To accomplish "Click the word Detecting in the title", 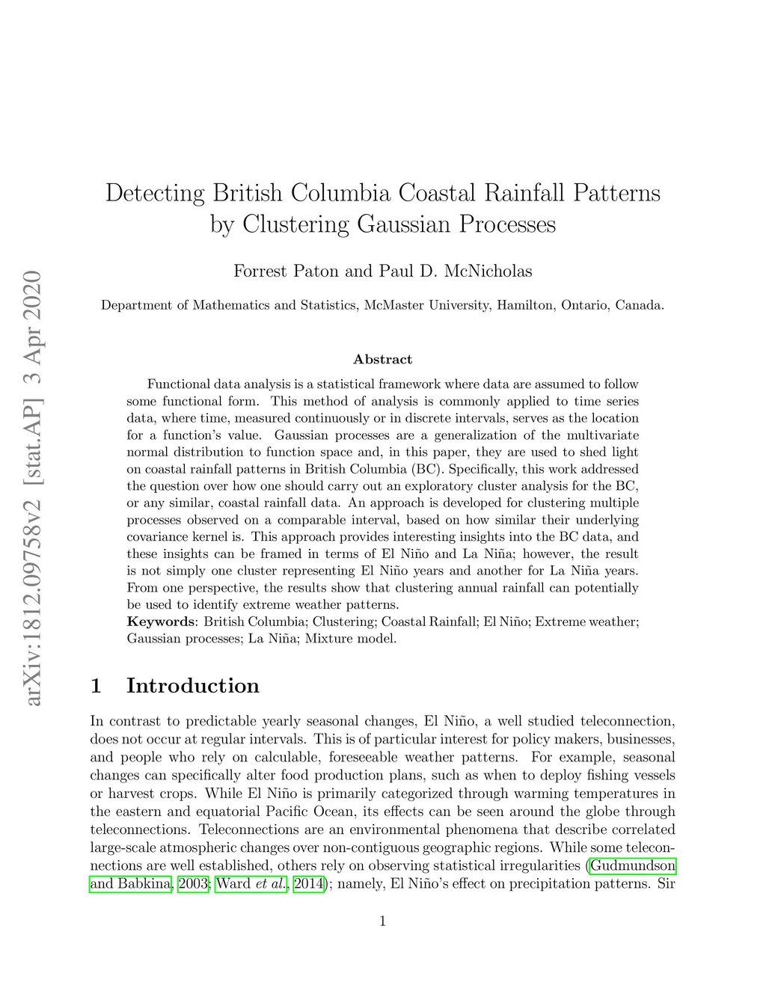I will (154, 193).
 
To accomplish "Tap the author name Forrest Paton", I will (286, 271).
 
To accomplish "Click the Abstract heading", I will (382, 360).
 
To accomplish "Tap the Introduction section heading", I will (193, 686).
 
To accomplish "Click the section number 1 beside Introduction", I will (96, 686).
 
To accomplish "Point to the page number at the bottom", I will (383, 921).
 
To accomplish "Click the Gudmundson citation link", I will (633, 866).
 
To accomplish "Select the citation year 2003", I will (193, 884).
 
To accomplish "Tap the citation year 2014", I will (308, 884).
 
